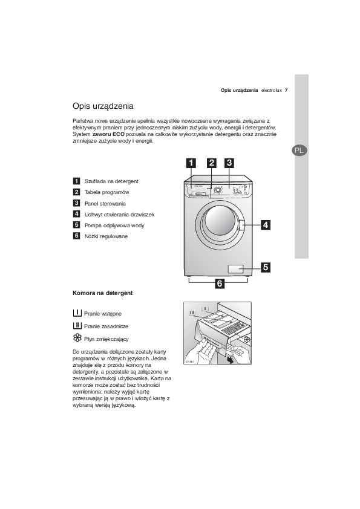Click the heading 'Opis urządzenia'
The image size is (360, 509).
[x=103, y=106]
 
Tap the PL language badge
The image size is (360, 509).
[x=299, y=151]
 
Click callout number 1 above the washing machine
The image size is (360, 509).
[x=191, y=163]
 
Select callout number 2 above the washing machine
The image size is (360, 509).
[x=212, y=163]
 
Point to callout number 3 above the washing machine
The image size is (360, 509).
[x=229, y=163]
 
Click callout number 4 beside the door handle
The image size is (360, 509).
[x=266, y=225]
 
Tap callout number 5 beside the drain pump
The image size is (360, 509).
[x=266, y=267]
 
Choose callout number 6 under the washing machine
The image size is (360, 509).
[x=220, y=284]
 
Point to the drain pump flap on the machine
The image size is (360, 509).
[x=235, y=269]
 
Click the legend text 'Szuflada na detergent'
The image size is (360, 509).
[x=111, y=181]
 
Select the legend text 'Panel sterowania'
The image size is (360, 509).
[x=105, y=204]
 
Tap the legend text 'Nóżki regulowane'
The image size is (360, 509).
[x=106, y=236]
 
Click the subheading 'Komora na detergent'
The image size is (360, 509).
[x=103, y=293]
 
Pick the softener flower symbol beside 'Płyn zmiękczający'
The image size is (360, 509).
[x=77, y=337]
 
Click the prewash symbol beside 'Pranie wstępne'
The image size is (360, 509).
[x=77, y=313]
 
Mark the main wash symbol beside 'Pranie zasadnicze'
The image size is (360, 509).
[x=77, y=325]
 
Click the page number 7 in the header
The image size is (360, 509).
[x=286, y=90]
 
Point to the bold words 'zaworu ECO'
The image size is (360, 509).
[x=108, y=134]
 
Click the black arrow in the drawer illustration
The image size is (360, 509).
[x=231, y=360]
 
